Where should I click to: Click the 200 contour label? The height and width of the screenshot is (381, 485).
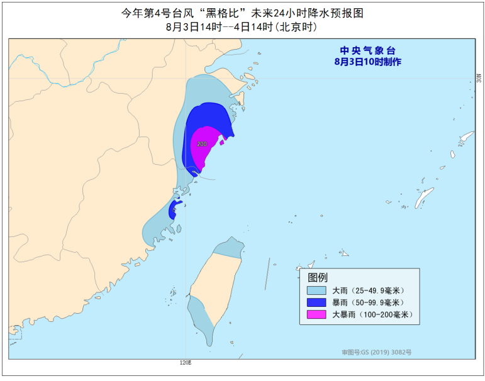201,144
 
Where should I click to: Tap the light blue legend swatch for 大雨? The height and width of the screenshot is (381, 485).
316,290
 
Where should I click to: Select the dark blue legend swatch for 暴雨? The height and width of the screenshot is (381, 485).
316,302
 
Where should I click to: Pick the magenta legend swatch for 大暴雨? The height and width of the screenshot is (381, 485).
316,314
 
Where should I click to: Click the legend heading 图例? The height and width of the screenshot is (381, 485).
318,277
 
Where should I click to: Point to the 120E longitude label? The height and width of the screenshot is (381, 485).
185,363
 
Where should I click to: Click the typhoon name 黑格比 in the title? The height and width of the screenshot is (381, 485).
221,13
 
